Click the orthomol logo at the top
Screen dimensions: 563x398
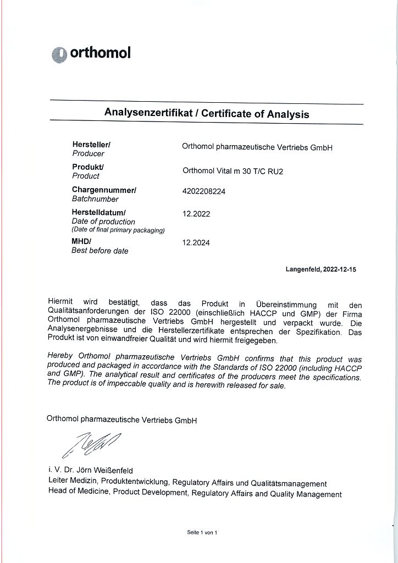tap(91, 53)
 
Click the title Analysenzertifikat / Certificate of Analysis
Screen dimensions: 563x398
tap(207, 114)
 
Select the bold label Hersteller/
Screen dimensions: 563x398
tap(91, 144)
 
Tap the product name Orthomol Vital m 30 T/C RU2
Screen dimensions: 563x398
tap(233, 171)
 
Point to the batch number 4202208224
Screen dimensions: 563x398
tap(203, 191)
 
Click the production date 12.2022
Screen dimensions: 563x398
tap(196, 214)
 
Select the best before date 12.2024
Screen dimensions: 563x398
tap(196, 242)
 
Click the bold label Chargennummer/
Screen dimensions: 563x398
tap(104, 190)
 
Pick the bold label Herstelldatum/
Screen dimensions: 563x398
tap(99, 212)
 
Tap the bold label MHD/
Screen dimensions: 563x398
tap(81, 241)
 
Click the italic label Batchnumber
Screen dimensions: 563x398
tap(95, 199)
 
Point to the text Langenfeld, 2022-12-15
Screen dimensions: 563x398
tap(321, 269)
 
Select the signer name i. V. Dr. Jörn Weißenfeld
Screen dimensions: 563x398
tap(91, 471)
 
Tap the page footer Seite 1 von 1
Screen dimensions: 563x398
tap(202, 533)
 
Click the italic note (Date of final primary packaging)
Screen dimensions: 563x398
tap(118, 230)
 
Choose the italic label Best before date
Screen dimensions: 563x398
tap(100, 251)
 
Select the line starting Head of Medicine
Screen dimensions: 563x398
tap(195, 494)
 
